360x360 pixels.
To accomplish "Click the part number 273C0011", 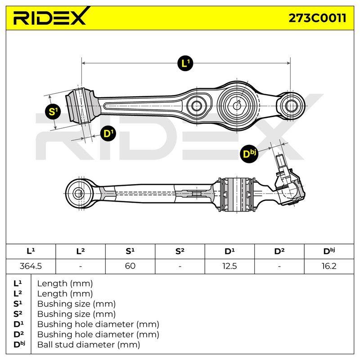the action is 317,18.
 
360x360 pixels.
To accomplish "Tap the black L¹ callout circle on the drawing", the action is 185,63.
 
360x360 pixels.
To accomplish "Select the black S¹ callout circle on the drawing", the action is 53,112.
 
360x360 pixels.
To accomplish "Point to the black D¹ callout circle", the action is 108,133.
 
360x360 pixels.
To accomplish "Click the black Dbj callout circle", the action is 249,153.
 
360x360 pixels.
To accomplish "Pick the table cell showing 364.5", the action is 31,266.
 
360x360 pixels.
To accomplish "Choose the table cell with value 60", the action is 130,266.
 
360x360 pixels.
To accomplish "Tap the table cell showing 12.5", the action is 229,266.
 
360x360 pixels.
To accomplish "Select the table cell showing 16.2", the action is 329,266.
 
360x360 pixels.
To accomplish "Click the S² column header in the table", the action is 180,251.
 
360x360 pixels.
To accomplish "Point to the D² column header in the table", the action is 279,251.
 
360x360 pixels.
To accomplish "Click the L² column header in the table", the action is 81,251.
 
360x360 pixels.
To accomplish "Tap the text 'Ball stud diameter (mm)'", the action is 89,345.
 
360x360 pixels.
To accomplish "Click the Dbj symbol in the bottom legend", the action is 19,344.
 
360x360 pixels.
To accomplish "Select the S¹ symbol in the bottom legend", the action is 18,304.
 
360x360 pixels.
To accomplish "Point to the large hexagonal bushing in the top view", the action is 237,106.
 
